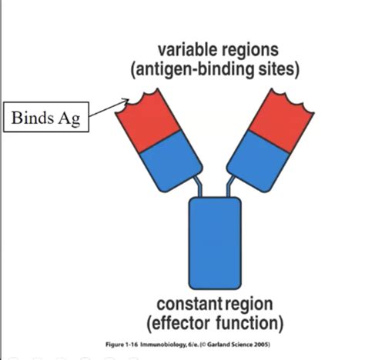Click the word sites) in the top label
(279, 70)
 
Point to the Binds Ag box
(46, 117)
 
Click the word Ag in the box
(69, 119)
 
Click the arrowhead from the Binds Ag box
(126, 101)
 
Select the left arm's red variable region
(148, 120)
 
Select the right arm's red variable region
(282, 121)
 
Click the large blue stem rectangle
(215, 243)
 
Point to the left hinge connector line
(199, 186)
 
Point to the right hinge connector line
(229, 186)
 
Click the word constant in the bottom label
(189, 304)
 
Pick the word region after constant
(249, 305)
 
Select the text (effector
(178, 324)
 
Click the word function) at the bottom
(249, 324)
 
